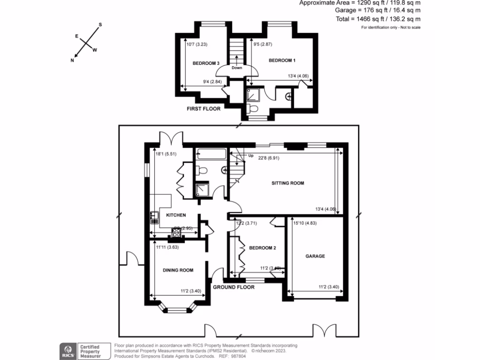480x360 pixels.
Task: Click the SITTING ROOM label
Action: pyautogui.click(x=288, y=183)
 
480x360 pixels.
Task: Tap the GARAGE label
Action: pyautogui.click(x=315, y=256)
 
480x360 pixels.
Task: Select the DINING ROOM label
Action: pyautogui.click(x=178, y=270)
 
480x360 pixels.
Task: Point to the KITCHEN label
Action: pyautogui.click(x=176, y=215)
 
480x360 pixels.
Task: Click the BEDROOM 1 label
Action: pyautogui.click(x=282, y=60)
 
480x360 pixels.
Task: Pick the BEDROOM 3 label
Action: pyautogui.click(x=206, y=63)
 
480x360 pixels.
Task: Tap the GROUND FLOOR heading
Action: pyautogui.click(x=234, y=287)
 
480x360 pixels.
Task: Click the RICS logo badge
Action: pyautogui.click(x=67, y=350)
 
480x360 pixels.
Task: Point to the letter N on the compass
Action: pyautogui.click(x=72, y=60)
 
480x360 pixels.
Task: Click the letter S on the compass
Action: pyautogui.click(x=100, y=24)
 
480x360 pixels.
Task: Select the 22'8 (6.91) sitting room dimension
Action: pyautogui.click(x=269, y=158)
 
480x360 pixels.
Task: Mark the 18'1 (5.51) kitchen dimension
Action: pyautogui.click(x=165, y=153)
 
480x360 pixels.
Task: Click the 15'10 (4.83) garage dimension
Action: pyautogui.click(x=305, y=223)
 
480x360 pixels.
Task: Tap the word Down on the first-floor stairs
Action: pyautogui.click(x=237, y=67)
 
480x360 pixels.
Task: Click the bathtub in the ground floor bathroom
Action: pyautogui.click(x=210, y=154)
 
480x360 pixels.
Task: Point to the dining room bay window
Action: pyautogui.click(x=177, y=308)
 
